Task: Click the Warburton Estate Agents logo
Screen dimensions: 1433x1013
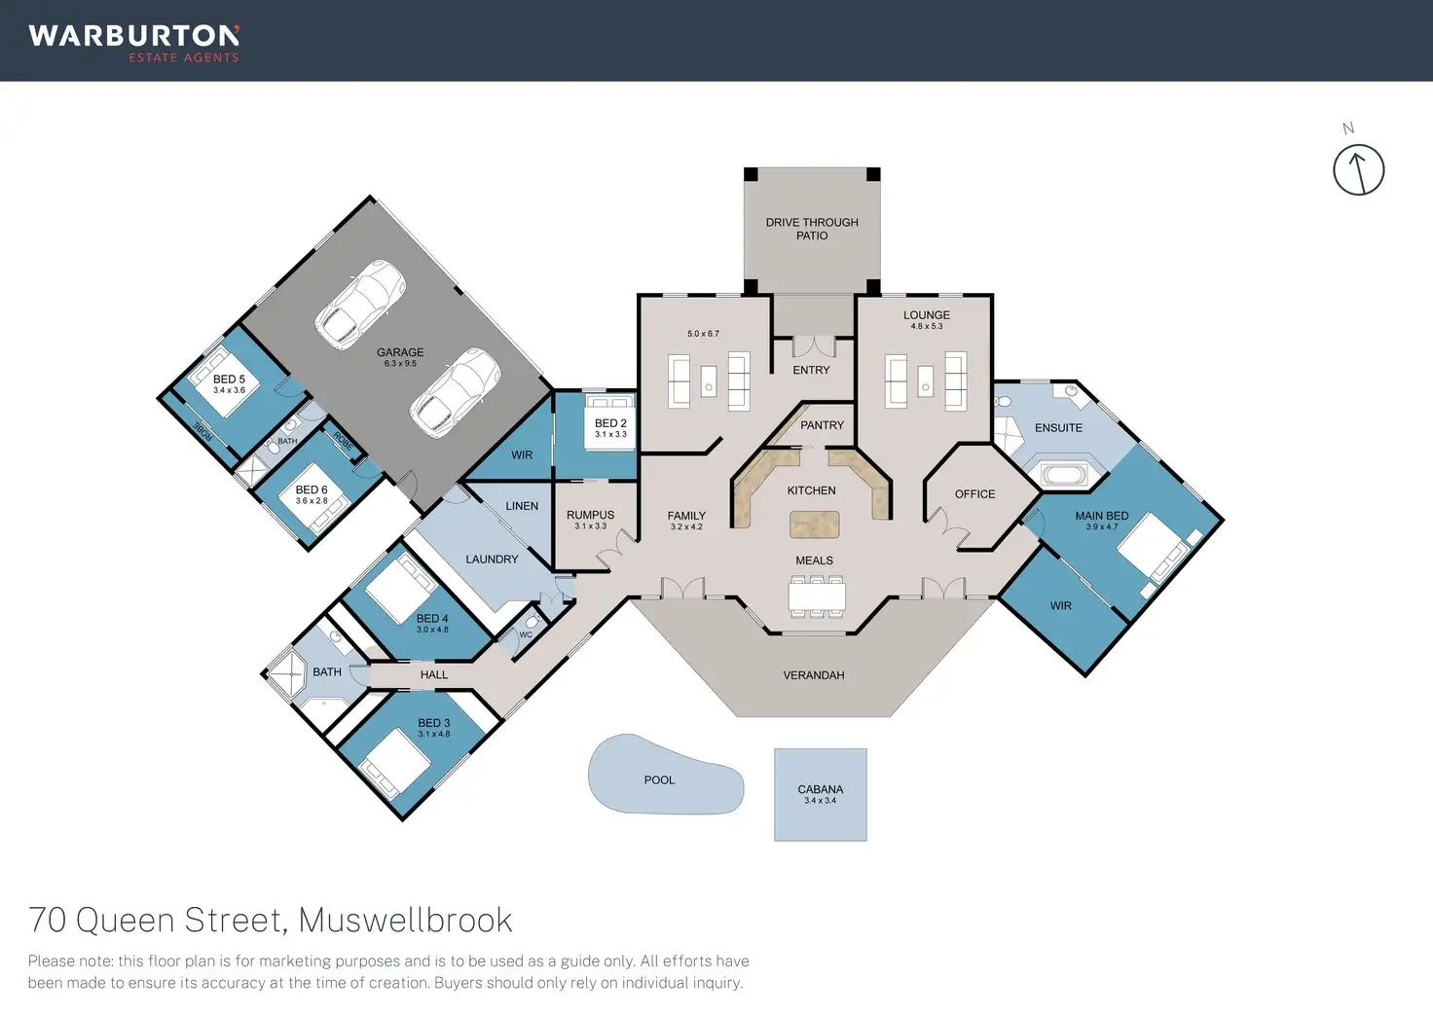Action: (x=134, y=43)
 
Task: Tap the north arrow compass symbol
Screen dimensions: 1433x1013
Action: (x=1358, y=169)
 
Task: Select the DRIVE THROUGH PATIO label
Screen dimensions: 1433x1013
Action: (x=812, y=229)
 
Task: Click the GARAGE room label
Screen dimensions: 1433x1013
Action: (x=400, y=352)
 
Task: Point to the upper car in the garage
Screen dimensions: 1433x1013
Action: (x=359, y=304)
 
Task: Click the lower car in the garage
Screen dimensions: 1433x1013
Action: (x=455, y=392)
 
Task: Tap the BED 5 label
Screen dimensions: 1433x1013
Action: (x=229, y=380)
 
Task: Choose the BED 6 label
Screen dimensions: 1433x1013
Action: (x=312, y=490)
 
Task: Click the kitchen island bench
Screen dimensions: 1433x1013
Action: (x=814, y=525)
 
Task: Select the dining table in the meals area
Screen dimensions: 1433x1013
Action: (x=816, y=596)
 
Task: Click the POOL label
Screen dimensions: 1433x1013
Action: (x=659, y=780)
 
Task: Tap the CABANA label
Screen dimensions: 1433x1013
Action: (x=820, y=790)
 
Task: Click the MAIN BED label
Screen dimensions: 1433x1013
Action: (x=1102, y=516)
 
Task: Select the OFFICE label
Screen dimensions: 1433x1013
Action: (x=974, y=494)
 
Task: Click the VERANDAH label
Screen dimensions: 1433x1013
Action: (x=814, y=675)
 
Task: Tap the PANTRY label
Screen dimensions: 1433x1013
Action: (x=822, y=425)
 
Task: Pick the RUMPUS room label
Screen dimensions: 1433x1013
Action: (x=590, y=515)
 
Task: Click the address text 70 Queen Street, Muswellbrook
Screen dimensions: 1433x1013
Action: (x=271, y=920)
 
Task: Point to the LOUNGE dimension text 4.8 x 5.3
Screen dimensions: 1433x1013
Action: (x=927, y=327)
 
